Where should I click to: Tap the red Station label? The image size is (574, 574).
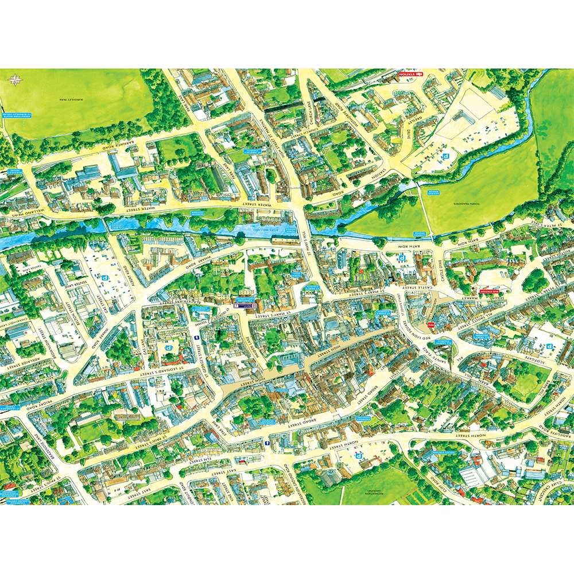point(410,74)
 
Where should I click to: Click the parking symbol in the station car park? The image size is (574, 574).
point(443,156)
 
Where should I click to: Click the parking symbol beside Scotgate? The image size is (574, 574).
point(550,346)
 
